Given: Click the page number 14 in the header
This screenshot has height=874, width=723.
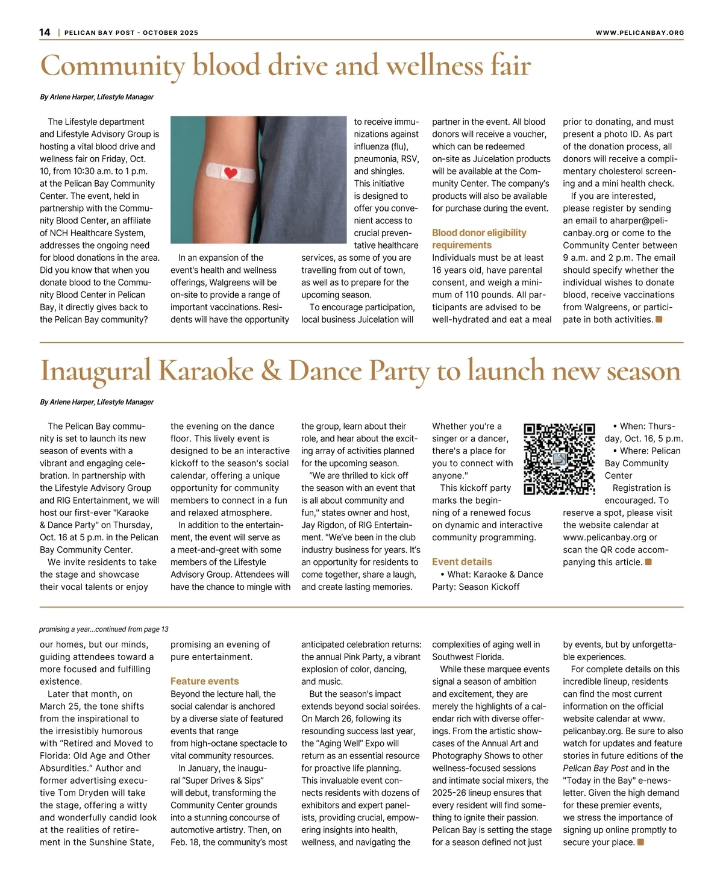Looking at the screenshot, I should click(45, 33).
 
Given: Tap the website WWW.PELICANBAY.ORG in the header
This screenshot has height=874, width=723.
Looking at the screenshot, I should click(640, 33).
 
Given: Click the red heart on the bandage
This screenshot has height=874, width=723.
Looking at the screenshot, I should click(230, 173).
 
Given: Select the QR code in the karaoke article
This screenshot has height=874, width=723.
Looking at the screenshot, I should click(559, 459).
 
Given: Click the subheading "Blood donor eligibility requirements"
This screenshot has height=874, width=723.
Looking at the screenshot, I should click(479, 239).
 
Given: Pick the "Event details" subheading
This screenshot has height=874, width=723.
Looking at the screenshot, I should click(462, 561).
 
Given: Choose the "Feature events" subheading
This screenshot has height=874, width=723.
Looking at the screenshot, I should click(204, 681).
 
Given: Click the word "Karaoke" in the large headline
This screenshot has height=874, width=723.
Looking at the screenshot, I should click(206, 371).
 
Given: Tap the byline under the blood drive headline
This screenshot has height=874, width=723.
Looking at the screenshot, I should click(96, 97).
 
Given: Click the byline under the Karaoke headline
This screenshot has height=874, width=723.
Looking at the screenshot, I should click(96, 402).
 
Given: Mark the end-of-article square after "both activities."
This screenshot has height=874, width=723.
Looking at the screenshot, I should click(659, 319).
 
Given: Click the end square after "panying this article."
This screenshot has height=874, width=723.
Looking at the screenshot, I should click(648, 562).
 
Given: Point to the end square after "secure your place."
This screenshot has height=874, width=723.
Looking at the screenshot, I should click(640, 842).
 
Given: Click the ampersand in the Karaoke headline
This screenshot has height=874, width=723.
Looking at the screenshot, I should click(271, 371).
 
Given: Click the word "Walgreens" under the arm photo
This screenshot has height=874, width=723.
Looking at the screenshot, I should click(230, 282).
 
